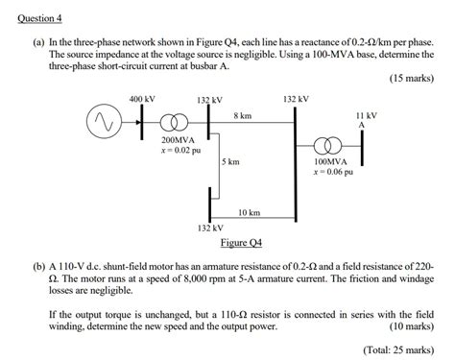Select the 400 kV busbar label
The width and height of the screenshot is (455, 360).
click(x=141, y=98)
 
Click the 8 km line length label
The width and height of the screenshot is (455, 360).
click(x=242, y=115)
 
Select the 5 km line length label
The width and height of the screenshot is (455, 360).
click(x=230, y=162)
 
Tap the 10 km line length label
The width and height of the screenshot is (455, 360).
click(x=249, y=211)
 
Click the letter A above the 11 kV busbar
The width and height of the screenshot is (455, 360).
click(x=362, y=125)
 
